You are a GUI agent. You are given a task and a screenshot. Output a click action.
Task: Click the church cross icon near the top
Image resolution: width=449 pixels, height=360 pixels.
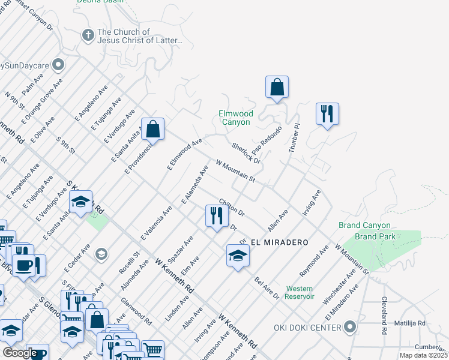pyautogui.click(x=88, y=35)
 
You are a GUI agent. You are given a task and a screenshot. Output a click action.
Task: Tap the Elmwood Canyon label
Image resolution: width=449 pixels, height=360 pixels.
pyautogui.click(x=235, y=118)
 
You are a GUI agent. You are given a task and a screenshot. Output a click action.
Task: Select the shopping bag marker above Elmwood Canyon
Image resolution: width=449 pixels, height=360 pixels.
pyautogui.click(x=277, y=88)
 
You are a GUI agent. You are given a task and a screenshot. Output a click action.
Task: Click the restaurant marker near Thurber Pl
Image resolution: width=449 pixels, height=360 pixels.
pyautogui.click(x=327, y=114)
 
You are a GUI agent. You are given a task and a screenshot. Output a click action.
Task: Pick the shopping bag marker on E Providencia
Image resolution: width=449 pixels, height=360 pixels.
pyautogui.click(x=153, y=130)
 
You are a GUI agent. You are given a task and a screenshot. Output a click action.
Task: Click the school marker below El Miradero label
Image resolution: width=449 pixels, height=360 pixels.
pyautogui.click(x=238, y=256)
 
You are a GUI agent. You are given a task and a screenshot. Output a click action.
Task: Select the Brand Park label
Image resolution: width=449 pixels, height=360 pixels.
pyautogui.click(x=375, y=236)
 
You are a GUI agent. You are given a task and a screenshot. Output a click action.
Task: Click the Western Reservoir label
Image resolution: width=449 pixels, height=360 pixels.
pyautogui.click(x=300, y=292)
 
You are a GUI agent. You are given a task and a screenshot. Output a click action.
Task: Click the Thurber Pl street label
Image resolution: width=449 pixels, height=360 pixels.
pyautogui.click(x=294, y=137)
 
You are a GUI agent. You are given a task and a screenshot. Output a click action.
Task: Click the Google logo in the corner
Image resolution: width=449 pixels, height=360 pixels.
pyautogui.click(x=20, y=353)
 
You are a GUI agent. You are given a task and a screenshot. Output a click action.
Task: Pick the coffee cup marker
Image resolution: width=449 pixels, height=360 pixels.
pyautogui.click(x=25, y=265)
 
